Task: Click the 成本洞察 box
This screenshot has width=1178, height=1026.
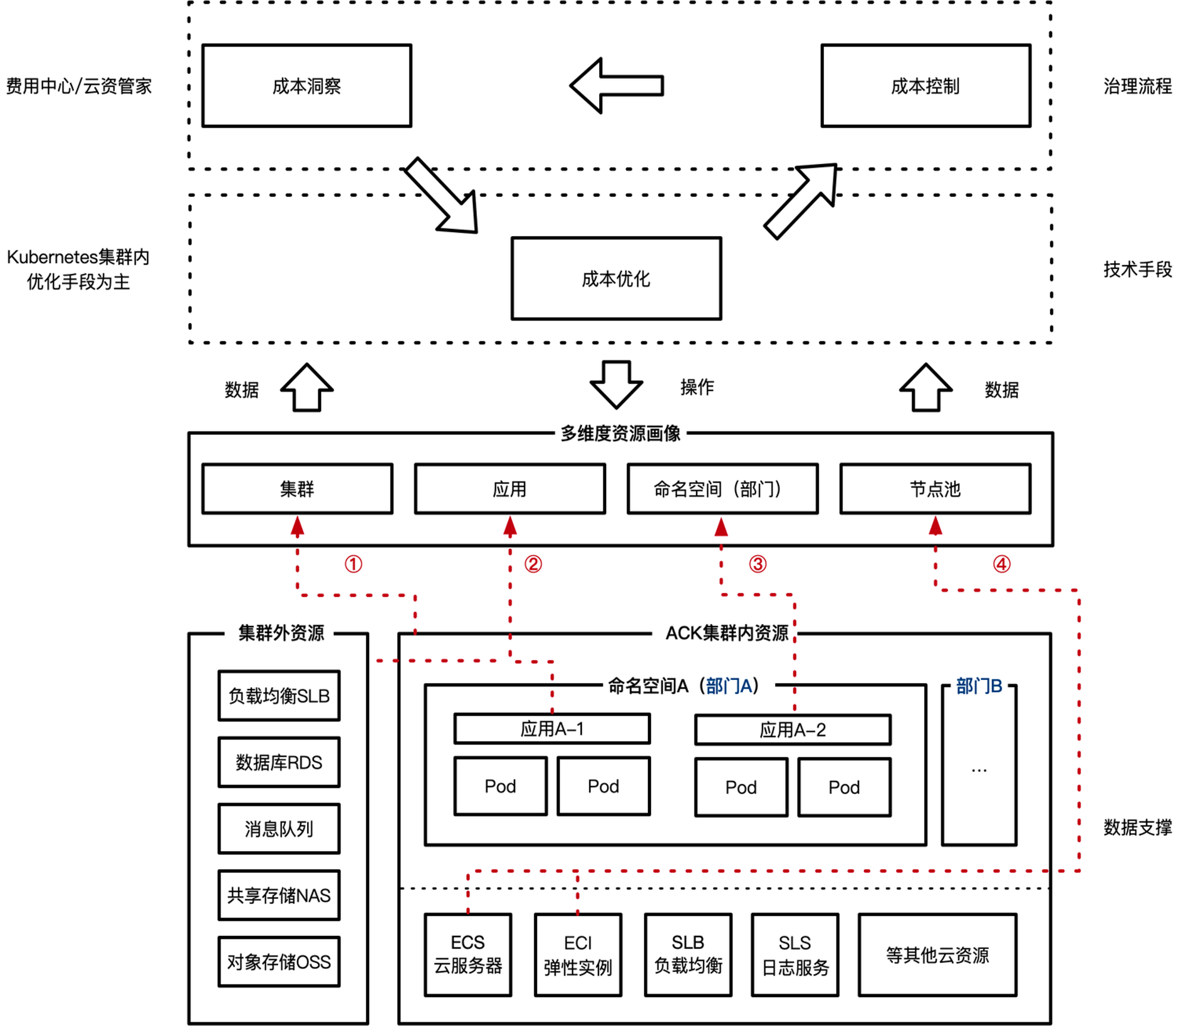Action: tap(306, 86)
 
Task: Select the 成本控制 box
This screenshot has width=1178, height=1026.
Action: tap(925, 86)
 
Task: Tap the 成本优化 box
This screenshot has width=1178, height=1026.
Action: tap(616, 279)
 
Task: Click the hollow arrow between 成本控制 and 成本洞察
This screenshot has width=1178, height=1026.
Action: tap(616, 86)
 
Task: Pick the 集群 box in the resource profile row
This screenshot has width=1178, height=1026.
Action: tap(297, 489)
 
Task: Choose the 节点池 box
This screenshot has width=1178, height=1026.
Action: tap(935, 489)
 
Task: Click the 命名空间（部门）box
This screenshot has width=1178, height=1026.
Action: tap(722, 489)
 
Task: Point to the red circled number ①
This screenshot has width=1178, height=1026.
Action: tap(354, 564)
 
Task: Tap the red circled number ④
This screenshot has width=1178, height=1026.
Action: tap(1001, 564)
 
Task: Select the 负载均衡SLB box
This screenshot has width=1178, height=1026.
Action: tap(279, 696)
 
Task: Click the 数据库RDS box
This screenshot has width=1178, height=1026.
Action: tap(279, 762)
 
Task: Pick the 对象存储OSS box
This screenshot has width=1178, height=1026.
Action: tap(279, 962)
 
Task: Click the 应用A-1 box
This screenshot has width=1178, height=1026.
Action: tap(552, 729)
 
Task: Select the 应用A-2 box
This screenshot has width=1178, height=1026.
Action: tap(793, 730)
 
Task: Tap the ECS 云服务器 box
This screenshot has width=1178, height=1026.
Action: tap(468, 954)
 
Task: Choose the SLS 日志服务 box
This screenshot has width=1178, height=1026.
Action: tap(795, 954)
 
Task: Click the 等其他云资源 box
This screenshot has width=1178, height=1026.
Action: tap(937, 955)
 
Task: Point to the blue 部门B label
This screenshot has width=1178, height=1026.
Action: tap(979, 686)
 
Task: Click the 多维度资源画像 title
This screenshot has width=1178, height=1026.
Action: tap(621, 433)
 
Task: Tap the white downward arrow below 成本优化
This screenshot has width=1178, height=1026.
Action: tap(616, 384)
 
